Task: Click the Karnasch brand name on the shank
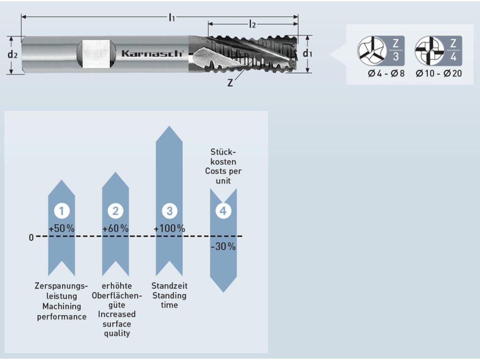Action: (152, 53)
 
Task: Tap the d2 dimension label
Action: (13, 54)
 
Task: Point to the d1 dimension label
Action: (307, 53)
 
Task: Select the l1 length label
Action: (172, 18)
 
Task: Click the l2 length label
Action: (252, 24)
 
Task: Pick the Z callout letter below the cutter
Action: (230, 83)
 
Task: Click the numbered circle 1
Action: (61, 211)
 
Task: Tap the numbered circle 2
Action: (115, 211)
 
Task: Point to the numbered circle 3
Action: (169, 211)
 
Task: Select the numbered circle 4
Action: (223, 211)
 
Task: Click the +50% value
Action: (61, 229)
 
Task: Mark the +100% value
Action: (169, 229)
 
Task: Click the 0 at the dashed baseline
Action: (31, 237)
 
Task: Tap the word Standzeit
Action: (169, 285)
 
